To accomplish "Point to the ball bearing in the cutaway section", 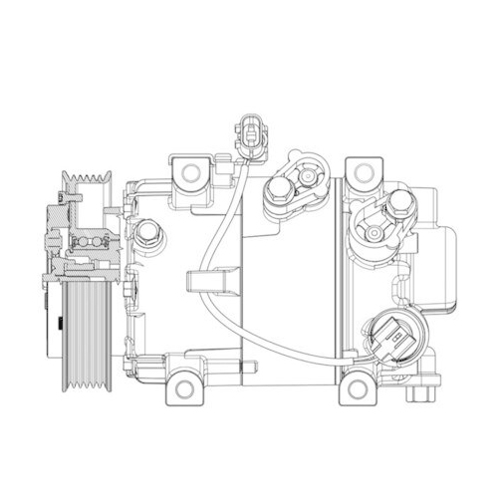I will [x=85, y=242].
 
